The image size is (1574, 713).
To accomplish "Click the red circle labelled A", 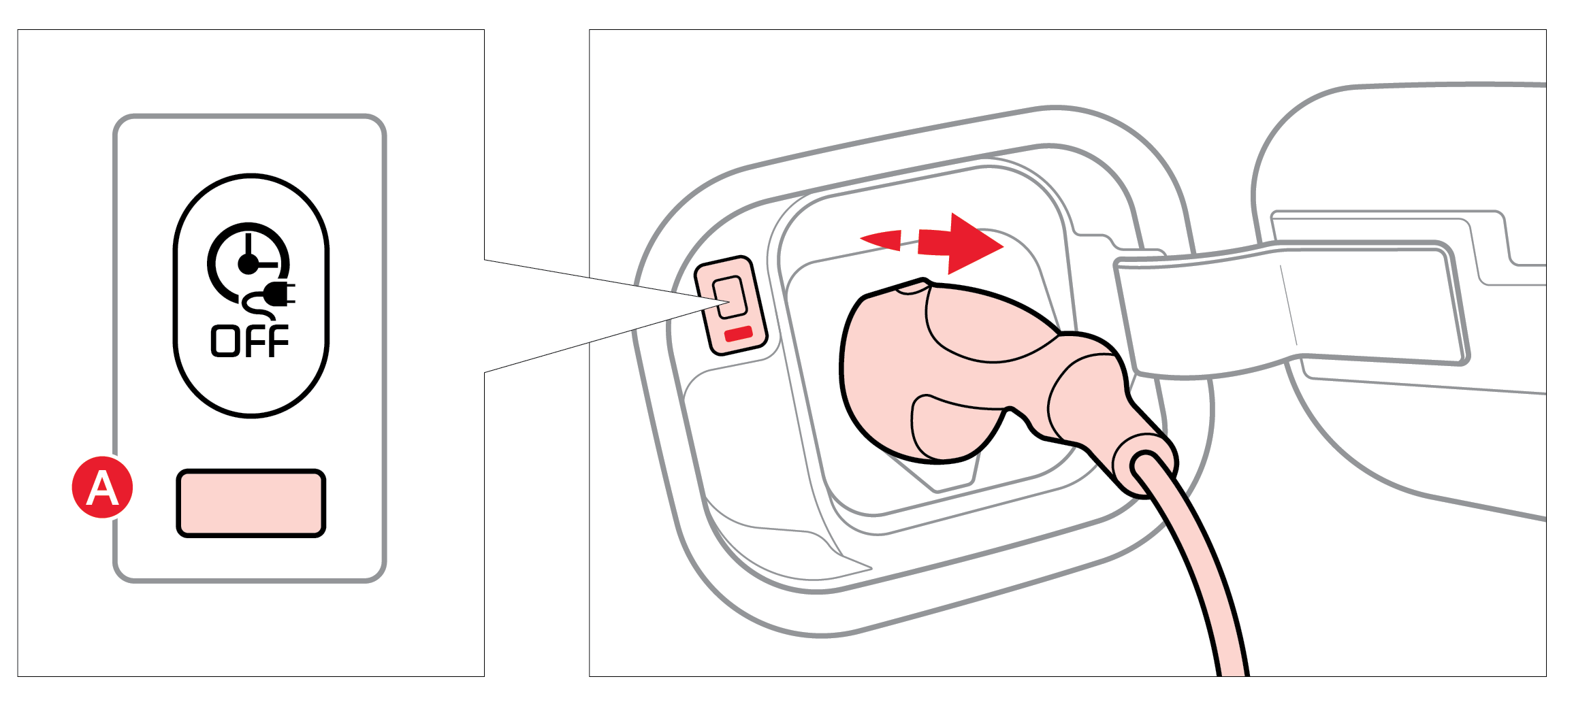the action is pyautogui.click(x=102, y=487).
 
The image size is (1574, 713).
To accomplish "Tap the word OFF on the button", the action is pyautogui.click(x=250, y=341).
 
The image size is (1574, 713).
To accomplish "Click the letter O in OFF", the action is pyautogui.click(x=224, y=341).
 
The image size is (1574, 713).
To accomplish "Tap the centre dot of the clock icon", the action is pyautogui.click(x=248, y=264).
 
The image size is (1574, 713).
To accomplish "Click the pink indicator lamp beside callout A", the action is pyautogui.click(x=251, y=503).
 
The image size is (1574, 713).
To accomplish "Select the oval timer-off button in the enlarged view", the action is pyautogui.click(x=251, y=295).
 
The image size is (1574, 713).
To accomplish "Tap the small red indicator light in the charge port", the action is pyautogui.click(x=738, y=333).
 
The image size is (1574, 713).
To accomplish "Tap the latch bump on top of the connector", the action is pyautogui.click(x=912, y=285).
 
